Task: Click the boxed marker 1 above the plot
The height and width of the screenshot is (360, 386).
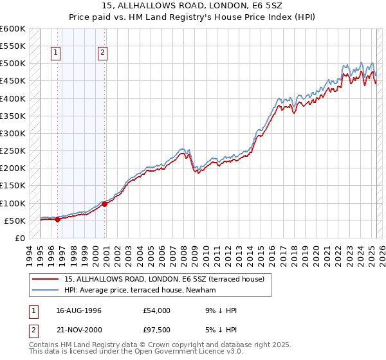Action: pyautogui.click(x=57, y=53)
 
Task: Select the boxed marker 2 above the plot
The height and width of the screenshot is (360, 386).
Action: pyautogui.click(x=103, y=53)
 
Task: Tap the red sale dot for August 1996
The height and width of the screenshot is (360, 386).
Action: pyautogui.click(x=57, y=219)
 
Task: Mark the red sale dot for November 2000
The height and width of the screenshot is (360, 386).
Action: pyautogui.click(x=104, y=204)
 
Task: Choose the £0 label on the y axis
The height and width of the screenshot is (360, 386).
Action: pyautogui.click(x=19, y=238)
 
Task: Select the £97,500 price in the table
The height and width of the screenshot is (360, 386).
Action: pyautogui.click(x=156, y=328)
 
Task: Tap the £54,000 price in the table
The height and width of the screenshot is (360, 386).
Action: pyautogui.click(x=156, y=310)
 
